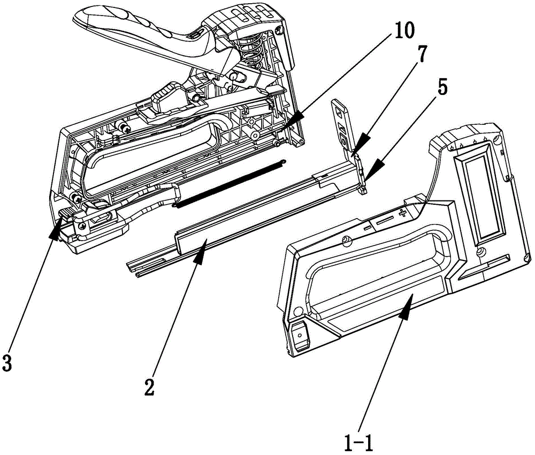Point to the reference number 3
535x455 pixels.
click(x=6, y=363)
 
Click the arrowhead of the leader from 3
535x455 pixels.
click(x=57, y=229)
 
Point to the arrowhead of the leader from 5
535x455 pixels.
click(x=372, y=171)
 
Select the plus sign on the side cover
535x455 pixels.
click(x=403, y=214)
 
